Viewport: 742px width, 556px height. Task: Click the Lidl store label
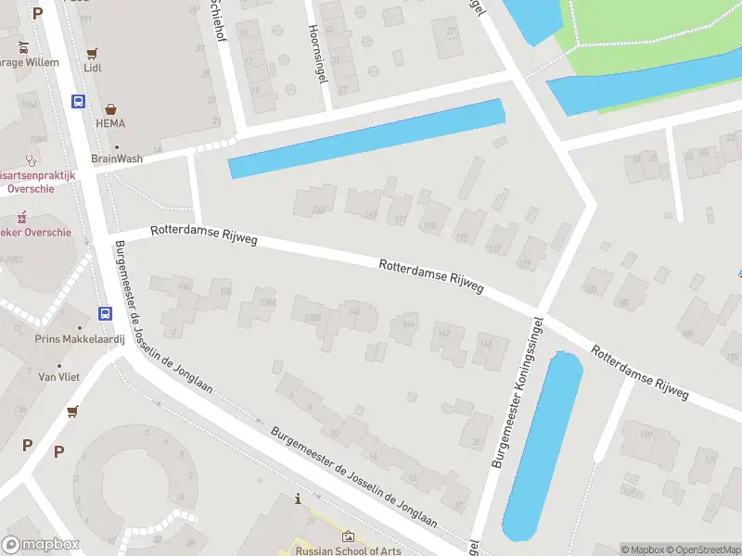point(92,68)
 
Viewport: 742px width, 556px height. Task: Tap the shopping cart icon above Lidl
point(92,54)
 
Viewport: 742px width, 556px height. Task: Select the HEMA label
point(109,123)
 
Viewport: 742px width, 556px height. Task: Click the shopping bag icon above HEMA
point(110,109)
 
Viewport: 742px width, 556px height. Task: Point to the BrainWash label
point(117,158)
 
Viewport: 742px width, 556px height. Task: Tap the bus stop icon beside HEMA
point(79,102)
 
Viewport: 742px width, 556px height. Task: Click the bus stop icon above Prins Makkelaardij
point(106,314)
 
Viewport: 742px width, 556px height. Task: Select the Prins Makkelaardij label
point(73,338)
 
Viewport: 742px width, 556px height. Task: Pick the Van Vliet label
point(55,377)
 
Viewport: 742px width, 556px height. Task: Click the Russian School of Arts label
point(348,550)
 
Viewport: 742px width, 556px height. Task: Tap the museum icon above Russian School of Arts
point(348,537)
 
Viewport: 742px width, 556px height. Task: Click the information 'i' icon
point(298,499)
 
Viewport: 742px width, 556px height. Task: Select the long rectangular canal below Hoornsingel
point(366,139)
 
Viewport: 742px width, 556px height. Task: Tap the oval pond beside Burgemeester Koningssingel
point(543,445)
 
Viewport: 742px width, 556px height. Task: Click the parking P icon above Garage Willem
point(37,13)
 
